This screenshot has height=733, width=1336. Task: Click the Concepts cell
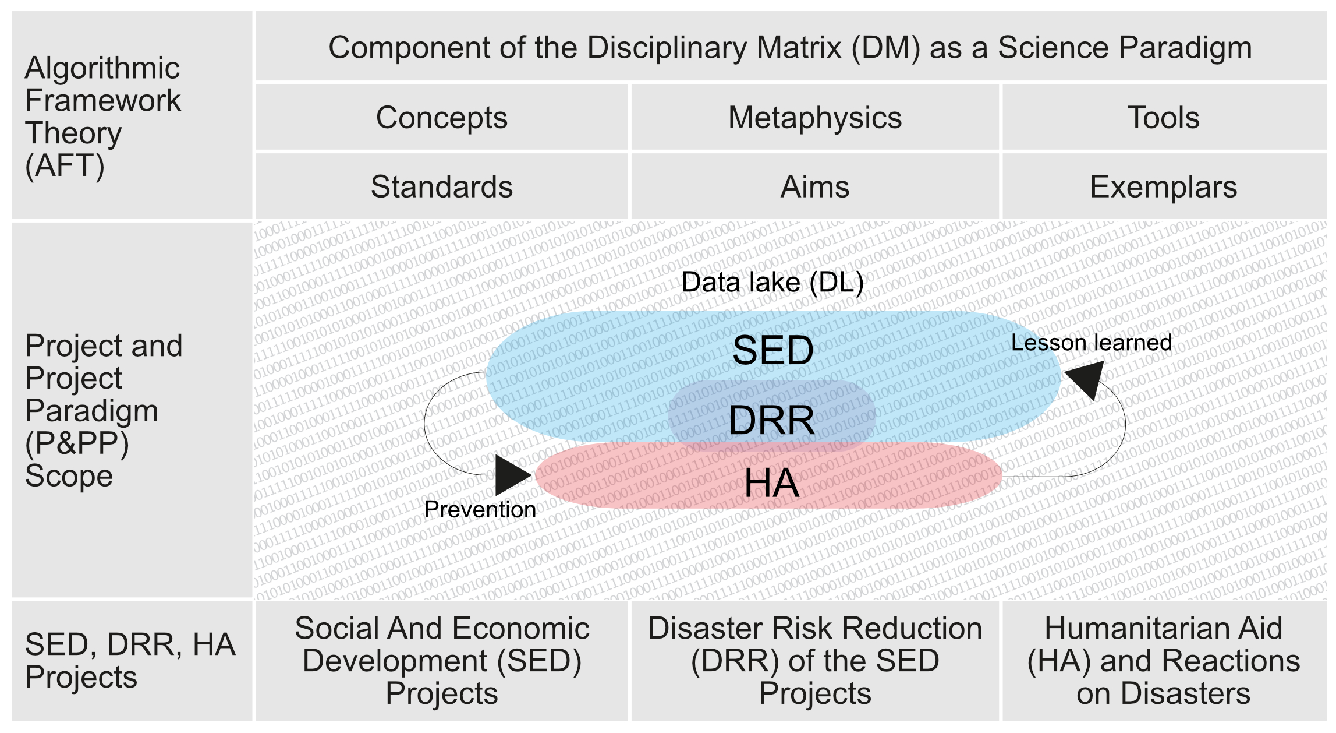tap(441, 118)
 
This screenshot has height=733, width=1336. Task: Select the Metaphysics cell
tap(814, 118)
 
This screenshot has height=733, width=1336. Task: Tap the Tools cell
tap(1163, 118)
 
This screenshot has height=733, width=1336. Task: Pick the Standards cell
tap(441, 187)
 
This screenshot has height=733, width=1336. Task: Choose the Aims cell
tap(814, 187)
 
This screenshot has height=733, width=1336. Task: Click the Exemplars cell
tap(1163, 187)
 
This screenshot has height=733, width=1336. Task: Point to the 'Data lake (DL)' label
tap(772, 283)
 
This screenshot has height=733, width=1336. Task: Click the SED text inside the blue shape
tap(772, 350)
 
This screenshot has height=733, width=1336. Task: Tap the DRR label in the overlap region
tap(771, 421)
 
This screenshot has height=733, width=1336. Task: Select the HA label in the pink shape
tap(771, 483)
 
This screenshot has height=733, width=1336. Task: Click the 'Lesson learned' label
tap(1091, 343)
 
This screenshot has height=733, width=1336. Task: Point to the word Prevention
tap(480, 509)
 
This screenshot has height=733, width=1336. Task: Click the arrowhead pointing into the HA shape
tap(512, 475)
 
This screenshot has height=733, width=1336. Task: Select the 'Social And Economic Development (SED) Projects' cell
tap(441, 661)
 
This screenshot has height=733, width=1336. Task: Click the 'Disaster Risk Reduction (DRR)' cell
tap(814, 661)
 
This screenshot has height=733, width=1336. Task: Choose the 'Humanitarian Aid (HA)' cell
tap(1163, 661)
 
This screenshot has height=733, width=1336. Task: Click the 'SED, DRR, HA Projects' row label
tap(130, 661)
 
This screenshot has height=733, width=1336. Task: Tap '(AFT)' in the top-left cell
tap(65, 165)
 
